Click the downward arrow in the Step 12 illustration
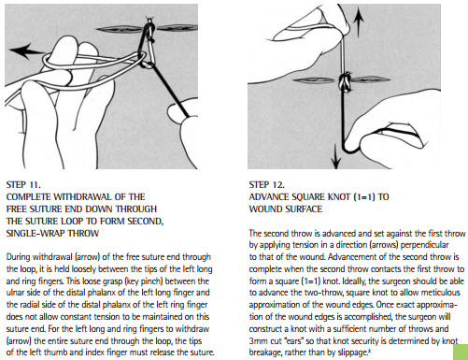(x=336, y=156)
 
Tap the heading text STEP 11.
(x=23, y=185)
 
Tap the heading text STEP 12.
(x=266, y=185)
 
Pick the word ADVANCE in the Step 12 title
(x=269, y=197)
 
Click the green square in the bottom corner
(x=460, y=352)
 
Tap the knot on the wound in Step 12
(x=345, y=81)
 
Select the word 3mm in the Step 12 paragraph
(x=257, y=340)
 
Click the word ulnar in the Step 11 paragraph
(x=14, y=293)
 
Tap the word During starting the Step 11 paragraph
(x=18, y=257)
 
